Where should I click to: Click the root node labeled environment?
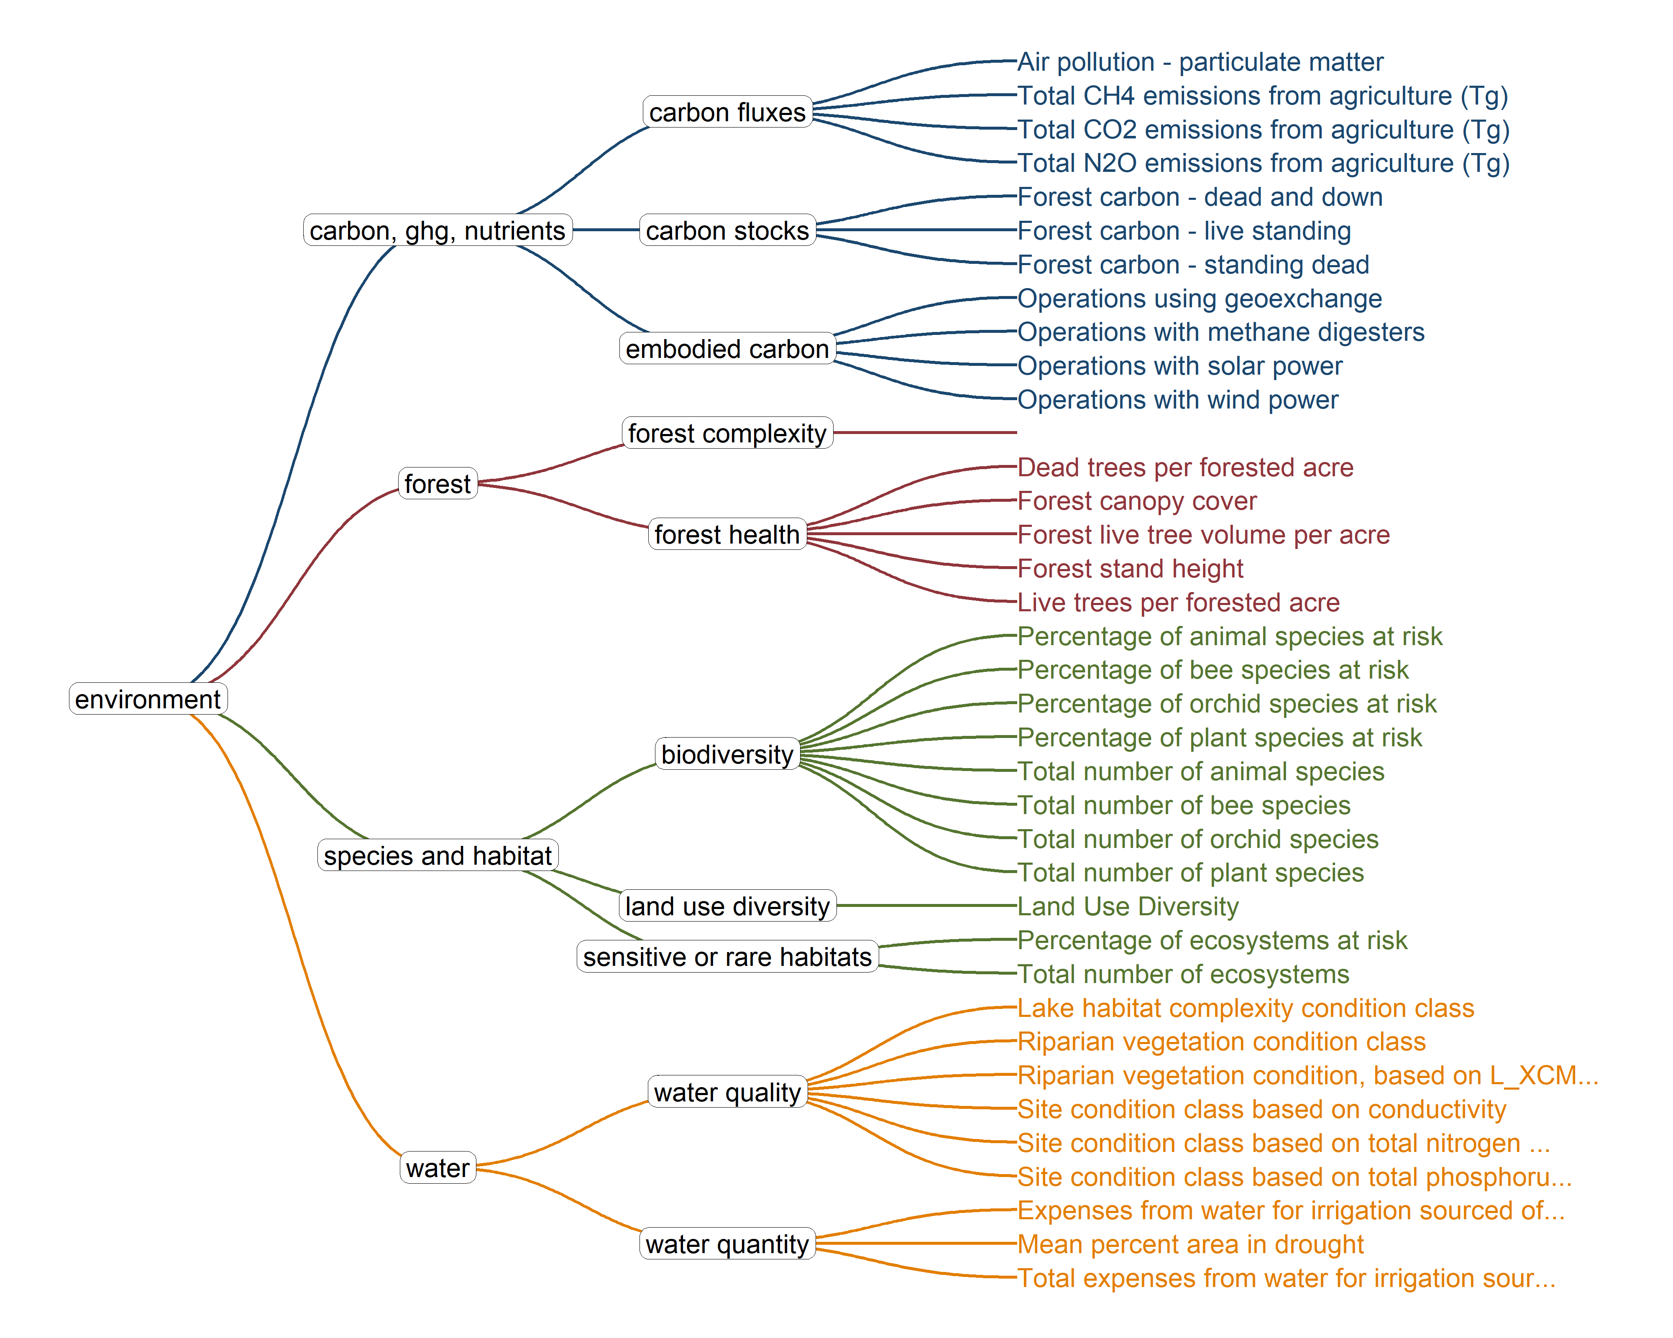coord(148,699)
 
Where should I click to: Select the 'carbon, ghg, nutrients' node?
coord(437,230)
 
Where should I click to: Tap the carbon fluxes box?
coord(727,112)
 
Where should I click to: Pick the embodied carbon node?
coord(727,348)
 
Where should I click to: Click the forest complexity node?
coord(727,433)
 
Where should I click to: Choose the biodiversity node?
coord(727,754)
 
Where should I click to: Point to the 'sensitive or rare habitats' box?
coord(727,956)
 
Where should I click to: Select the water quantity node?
coord(727,1244)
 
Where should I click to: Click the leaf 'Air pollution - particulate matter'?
coord(1200,61)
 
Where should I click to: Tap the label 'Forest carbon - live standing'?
coord(1184,230)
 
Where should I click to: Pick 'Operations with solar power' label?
coord(1179,365)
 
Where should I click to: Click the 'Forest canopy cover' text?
coord(1137,500)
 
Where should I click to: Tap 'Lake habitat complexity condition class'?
coord(1246,1008)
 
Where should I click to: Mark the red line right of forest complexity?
coord(925,432)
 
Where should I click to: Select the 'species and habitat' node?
coord(437,855)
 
